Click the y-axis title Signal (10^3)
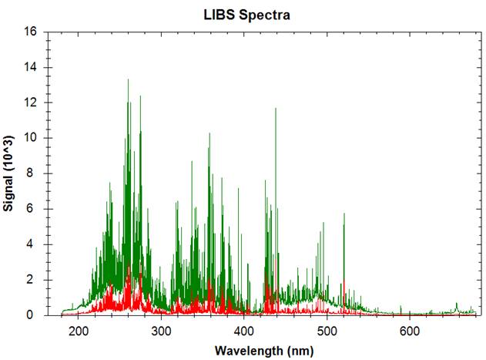pos(8,173)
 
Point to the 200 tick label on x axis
pos(79,331)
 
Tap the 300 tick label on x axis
pos(161,331)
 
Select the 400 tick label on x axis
pos(243,331)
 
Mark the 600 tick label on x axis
pos(409,331)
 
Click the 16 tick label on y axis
pos(32,32)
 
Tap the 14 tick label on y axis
pos(32,68)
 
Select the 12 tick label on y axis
pos(32,103)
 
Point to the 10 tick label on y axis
pos(32,139)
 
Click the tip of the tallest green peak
pos(128,79)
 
